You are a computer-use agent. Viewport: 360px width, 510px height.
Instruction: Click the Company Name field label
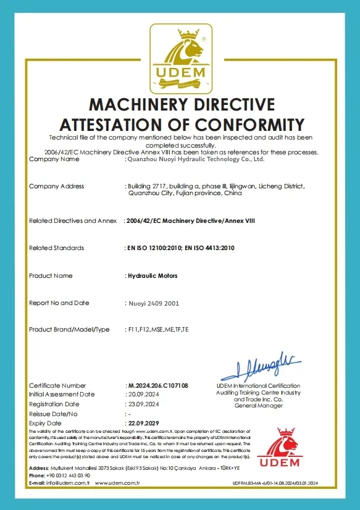[x=54, y=159]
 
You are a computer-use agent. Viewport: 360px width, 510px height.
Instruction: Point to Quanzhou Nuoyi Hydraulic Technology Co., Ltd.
[x=196, y=159]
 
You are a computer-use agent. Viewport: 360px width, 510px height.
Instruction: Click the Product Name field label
[x=52, y=275]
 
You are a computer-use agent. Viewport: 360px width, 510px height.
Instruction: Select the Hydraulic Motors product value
[x=152, y=275]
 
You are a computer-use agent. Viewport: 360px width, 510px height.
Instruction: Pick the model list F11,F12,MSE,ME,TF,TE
[x=158, y=330]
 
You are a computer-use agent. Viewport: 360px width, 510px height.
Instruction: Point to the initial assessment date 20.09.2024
[x=144, y=394]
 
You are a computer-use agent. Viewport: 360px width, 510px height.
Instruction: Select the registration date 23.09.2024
[x=144, y=404]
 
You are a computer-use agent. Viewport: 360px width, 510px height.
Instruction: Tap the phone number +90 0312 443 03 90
[x=68, y=475]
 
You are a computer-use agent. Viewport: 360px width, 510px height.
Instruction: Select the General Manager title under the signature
[x=258, y=406]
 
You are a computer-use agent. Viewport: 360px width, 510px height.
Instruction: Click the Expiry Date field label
[x=46, y=423]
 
